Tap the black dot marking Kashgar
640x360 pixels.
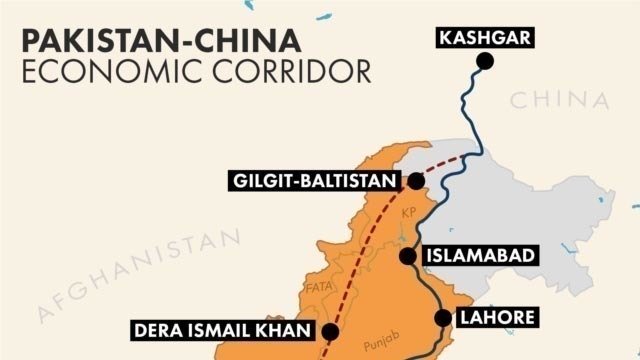[x=485, y=62]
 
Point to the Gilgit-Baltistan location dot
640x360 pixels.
[x=416, y=182]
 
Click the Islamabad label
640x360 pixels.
[x=482, y=255]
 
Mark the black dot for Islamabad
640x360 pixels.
[x=407, y=255]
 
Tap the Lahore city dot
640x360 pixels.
[x=443, y=318]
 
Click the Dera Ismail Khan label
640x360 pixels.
[x=222, y=330]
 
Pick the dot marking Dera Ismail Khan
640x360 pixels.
[x=331, y=331]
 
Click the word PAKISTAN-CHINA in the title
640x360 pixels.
[x=160, y=40]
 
